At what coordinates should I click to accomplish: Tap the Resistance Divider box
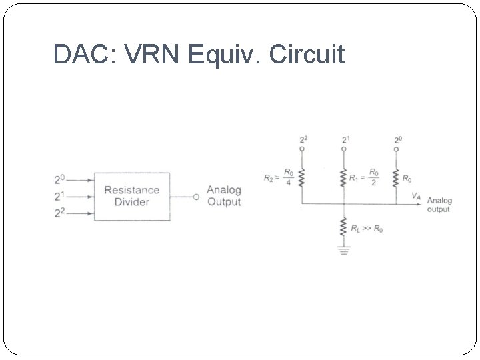[x=131, y=196]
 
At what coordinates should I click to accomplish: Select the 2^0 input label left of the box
[x=60, y=180]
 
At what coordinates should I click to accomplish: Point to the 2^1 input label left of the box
[x=60, y=197]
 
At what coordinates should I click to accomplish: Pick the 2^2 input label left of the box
[x=60, y=213]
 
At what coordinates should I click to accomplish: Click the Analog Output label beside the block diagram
[x=223, y=196]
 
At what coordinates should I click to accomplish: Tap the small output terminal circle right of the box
[x=196, y=197]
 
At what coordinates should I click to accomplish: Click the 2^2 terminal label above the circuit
[x=303, y=139]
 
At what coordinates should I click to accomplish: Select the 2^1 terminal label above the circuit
[x=345, y=139]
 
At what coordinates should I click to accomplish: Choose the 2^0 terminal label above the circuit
[x=397, y=139]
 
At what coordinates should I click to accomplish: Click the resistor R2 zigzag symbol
[x=301, y=179]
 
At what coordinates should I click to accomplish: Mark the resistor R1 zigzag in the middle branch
[x=344, y=179]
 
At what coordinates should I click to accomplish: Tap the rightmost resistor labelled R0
[x=396, y=179]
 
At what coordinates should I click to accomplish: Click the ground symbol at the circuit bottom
[x=344, y=251]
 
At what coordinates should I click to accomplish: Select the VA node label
[x=416, y=196]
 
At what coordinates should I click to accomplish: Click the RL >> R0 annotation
[x=367, y=229]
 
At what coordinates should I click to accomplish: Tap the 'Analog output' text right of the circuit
[x=439, y=205]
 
